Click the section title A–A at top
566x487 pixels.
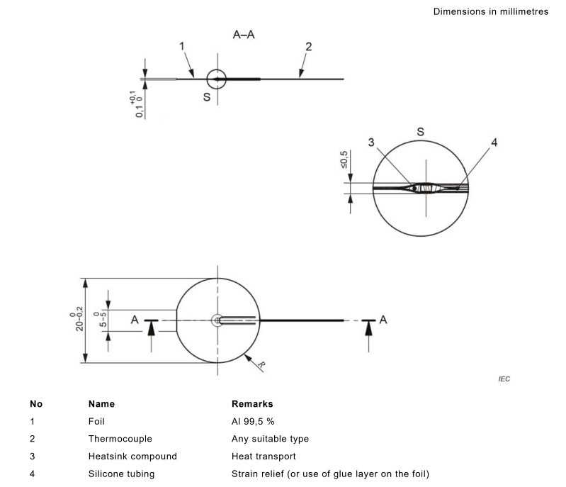(244, 35)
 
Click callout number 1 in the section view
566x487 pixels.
(182, 46)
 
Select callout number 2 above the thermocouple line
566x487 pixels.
(308, 47)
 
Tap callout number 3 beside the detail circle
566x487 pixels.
(371, 142)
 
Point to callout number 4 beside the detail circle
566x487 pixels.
(494, 142)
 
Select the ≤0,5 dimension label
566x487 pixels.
(344, 159)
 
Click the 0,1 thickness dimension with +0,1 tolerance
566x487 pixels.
(137, 104)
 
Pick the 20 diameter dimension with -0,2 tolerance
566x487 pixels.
(77, 319)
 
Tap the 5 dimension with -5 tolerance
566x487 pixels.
(101, 320)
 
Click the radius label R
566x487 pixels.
(261, 366)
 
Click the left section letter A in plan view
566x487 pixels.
(135, 320)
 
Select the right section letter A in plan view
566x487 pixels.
(383, 320)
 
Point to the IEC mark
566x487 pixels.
(504, 379)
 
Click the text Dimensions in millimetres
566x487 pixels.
(491, 11)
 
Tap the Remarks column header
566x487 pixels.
(252, 404)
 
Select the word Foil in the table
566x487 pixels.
(96, 421)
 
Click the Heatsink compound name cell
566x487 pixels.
(132, 457)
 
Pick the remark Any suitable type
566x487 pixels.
(270, 439)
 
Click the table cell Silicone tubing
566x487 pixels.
(121, 474)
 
